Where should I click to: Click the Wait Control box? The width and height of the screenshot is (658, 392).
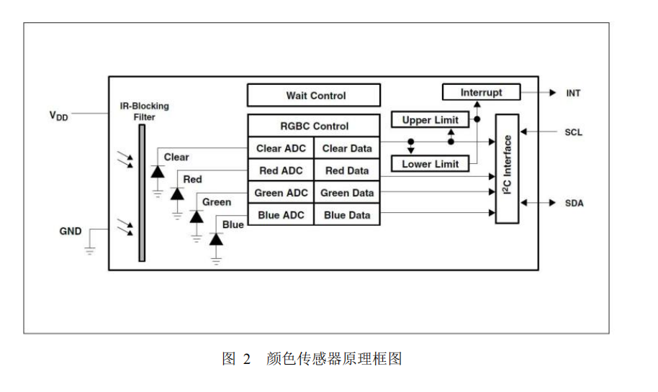pyautogui.click(x=313, y=96)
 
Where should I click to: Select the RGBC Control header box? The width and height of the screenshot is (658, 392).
pyautogui.click(x=313, y=126)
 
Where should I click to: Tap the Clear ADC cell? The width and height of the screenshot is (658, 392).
pyautogui.click(x=281, y=148)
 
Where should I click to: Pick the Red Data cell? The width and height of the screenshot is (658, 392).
pyautogui.click(x=346, y=170)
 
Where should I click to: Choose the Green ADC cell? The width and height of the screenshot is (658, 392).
pyautogui.click(x=281, y=193)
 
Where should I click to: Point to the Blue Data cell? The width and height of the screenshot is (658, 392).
pyautogui.click(x=346, y=215)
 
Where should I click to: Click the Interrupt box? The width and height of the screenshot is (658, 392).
pyautogui.click(x=481, y=92)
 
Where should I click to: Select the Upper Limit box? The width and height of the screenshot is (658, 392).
pyautogui.click(x=431, y=120)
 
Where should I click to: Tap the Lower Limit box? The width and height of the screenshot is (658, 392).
pyautogui.click(x=431, y=164)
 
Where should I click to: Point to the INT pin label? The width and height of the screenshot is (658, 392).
pyautogui.click(x=573, y=93)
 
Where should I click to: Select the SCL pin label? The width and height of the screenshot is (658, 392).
pyautogui.click(x=574, y=132)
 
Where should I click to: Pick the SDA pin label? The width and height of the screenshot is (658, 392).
pyautogui.click(x=574, y=204)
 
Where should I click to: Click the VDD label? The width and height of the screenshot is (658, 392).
pyautogui.click(x=58, y=115)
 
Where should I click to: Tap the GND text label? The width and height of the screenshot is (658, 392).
pyautogui.click(x=71, y=232)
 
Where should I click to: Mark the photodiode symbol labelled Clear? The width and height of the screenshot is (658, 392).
pyautogui.click(x=158, y=171)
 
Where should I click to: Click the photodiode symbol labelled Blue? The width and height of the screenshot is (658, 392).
pyautogui.click(x=216, y=239)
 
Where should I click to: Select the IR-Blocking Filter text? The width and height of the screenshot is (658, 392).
pyautogui.click(x=144, y=111)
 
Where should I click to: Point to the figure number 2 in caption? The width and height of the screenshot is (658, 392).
pyautogui.click(x=246, y=359)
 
